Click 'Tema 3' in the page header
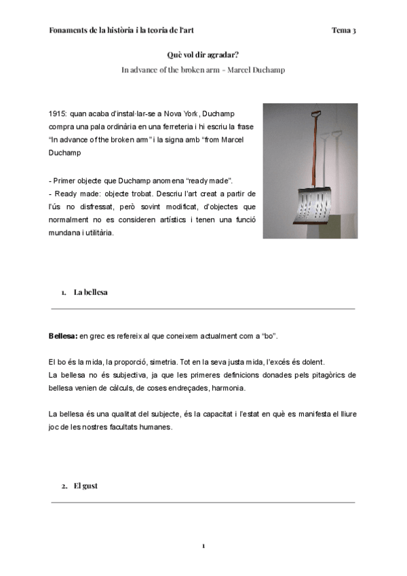[x=344, y=31]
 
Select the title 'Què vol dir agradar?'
[x=203, y=55]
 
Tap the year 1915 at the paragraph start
[x=58, y=112]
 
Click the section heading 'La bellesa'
[x=91, y=292]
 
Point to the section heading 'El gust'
[x=86, y=486]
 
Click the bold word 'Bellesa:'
[x=63, y=336]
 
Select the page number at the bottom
[x=203, y=545]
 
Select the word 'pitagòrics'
[x=322, y=374]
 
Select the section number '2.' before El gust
[x=64, y=486]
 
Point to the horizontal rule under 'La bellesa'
[x=203, y=309]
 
